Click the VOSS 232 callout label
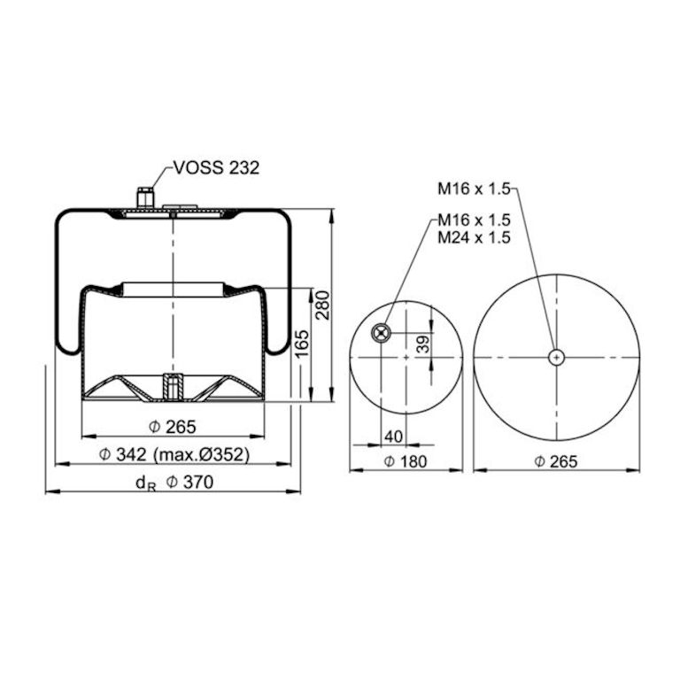point(216,167)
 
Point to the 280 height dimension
point(322,305)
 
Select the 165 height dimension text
point(302,344)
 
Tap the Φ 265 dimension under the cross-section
point(173,427)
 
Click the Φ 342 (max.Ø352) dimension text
point(174,454)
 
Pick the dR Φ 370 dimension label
point(174,483)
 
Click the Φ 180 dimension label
point(406,461)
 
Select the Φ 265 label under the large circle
point(556,461)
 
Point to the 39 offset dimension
point(424,344)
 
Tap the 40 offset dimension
point(394,437)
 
